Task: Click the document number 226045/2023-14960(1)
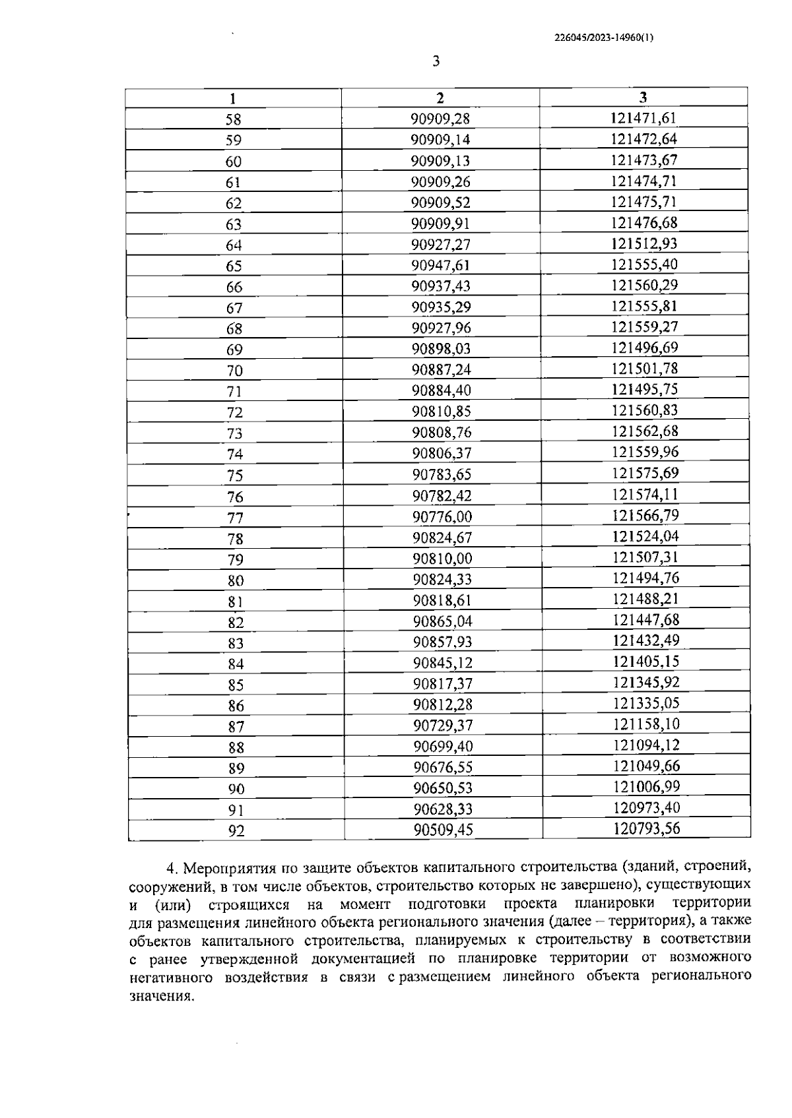pyautogui.click(x=604, y=38)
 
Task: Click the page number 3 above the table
pyautogui.click(x=436, y=62)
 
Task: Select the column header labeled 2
pyautogui.click(x=440, y=98)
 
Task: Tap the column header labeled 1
pyautogui.click(x=233, y=99)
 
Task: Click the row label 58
pyautogui.click(x=234, y=119)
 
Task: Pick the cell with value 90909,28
pyautogui.click(x=440, y=119)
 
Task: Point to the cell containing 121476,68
pyautogui.click(x=644, y=223)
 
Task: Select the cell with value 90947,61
pyautogui.click(x=441, y=265)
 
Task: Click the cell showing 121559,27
pyautogui.click(x=645, y=327)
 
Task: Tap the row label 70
pyautogui.click(x=234, y=370)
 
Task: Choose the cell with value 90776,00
pyautogui.click(x=442, y=516)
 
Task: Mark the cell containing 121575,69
pyautogui.click(x=645, y=474)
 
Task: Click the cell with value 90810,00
pyautogui.click(x=442, y=559)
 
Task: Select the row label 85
pyautogui.click(x=236, y=685)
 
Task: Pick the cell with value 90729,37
pyautogui.click(x=443, y=726)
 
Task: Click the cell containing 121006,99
pyautogui.click(x=646, y=787)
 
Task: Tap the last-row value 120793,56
pyautogui.click(x=646, y=828)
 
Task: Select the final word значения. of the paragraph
pyautogui.click(x=162, y=997)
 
